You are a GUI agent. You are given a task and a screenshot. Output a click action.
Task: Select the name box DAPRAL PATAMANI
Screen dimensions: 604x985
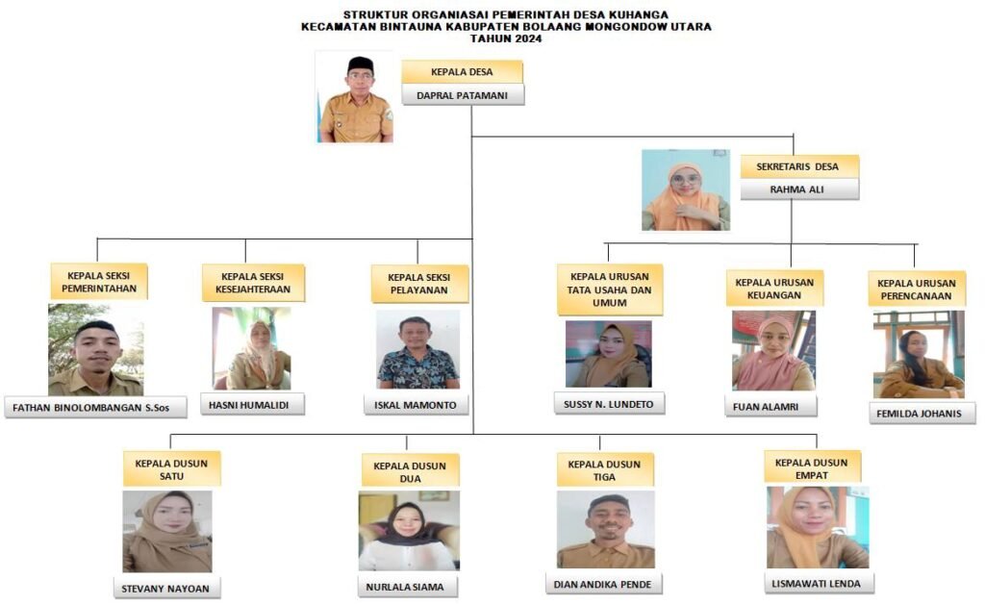[x=462, y=95]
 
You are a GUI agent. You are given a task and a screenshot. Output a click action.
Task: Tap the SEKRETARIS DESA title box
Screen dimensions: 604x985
[x=798, y=166]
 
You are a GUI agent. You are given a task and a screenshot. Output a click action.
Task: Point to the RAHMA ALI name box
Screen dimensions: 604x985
[x=798, y=189]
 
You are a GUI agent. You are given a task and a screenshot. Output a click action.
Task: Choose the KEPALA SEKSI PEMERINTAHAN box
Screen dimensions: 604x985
[x=99, y=280]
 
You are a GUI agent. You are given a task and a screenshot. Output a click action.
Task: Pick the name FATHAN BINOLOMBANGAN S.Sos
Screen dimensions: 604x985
[x=80, y=408]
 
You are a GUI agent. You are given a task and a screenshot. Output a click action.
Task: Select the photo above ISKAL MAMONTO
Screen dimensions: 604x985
[x=418, y=349]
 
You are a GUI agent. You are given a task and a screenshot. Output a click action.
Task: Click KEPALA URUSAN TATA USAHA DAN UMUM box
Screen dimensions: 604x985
[x=609, y=289]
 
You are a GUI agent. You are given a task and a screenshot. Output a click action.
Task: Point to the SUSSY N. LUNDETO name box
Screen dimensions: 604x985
[x=609, y=404]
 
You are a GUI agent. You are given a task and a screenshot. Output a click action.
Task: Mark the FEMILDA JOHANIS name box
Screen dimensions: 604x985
[x=922, y=414]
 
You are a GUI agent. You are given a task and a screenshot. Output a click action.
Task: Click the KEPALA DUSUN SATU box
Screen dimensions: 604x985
[x=171, y=468]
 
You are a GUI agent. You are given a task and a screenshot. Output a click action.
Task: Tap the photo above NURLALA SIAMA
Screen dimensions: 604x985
[x=409, y=531]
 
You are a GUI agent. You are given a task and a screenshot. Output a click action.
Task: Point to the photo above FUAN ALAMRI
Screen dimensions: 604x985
[x=773, y=350]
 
